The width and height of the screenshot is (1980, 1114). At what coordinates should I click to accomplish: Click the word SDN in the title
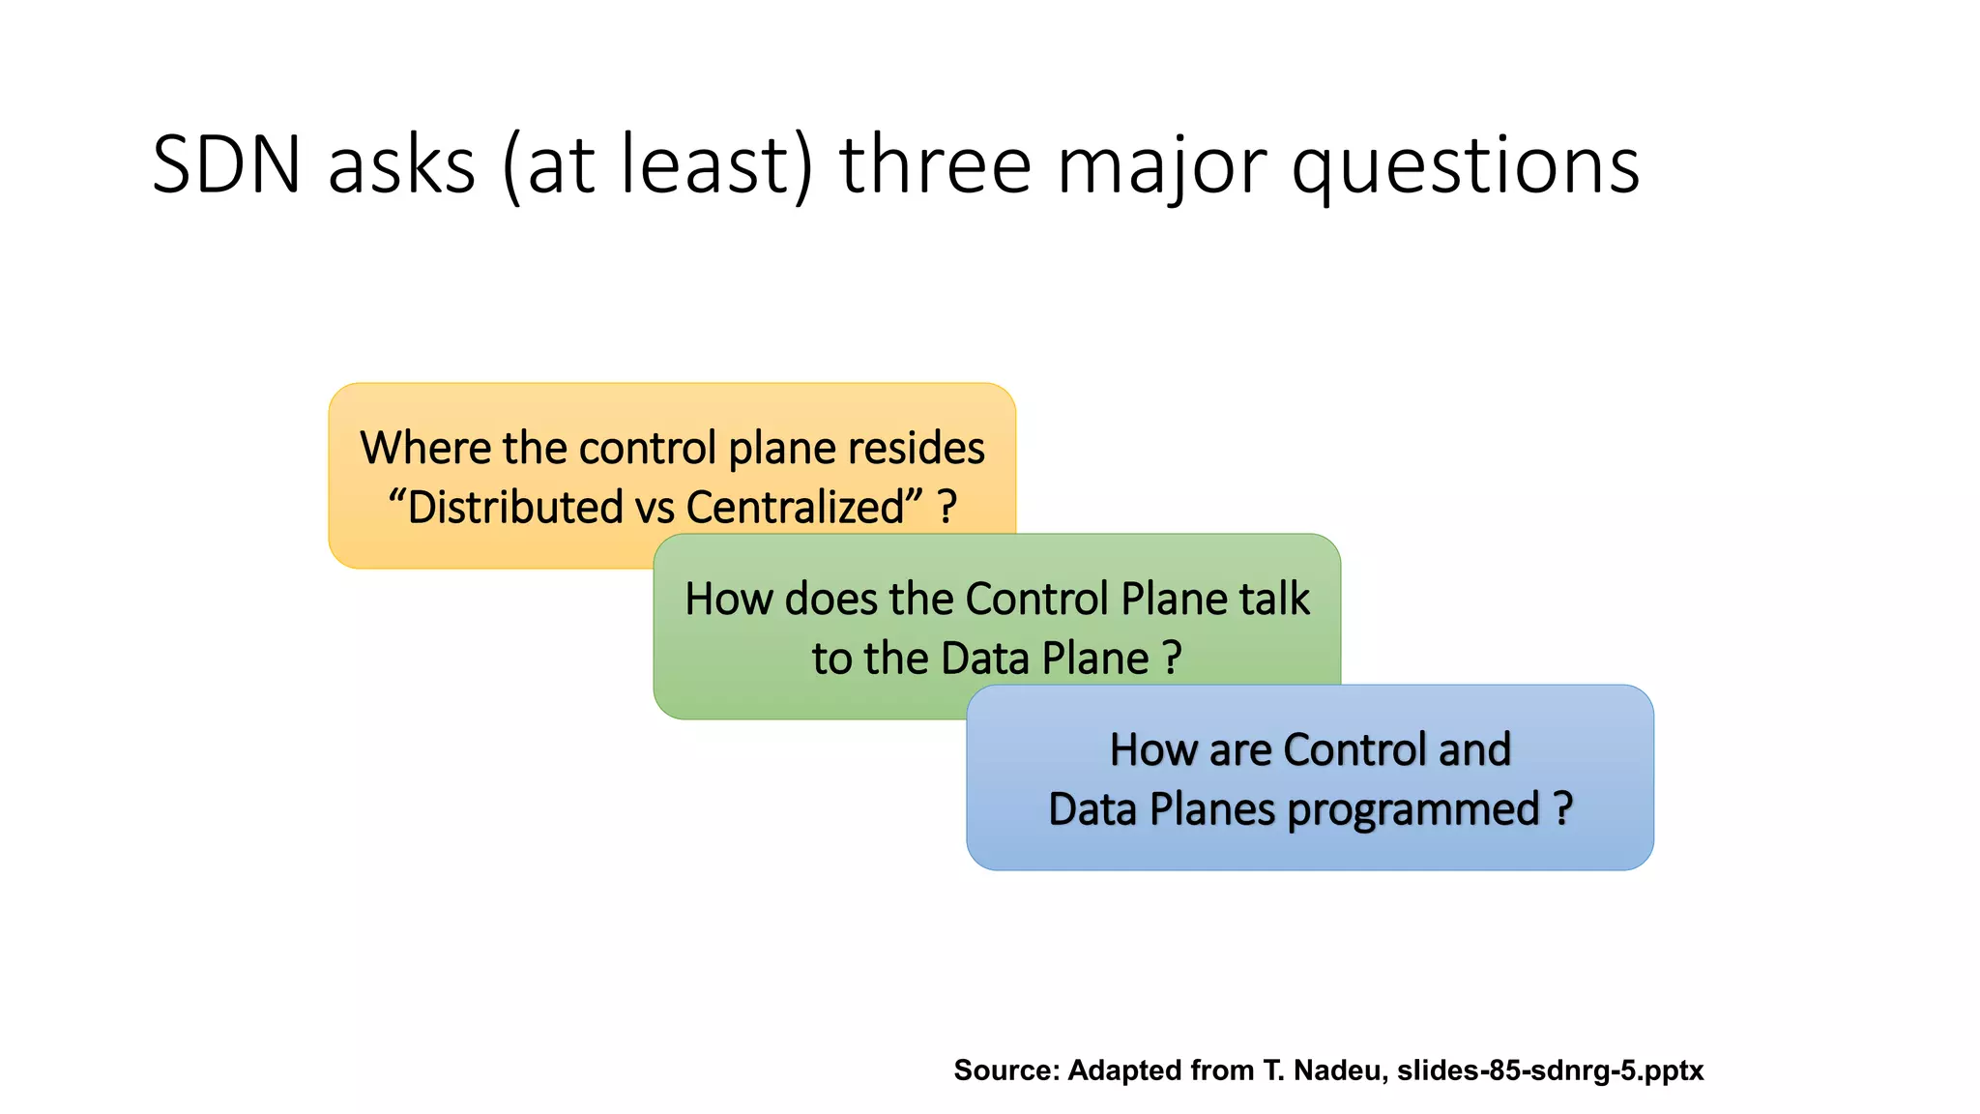point(227,165)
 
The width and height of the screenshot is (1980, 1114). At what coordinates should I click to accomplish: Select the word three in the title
point(935,165)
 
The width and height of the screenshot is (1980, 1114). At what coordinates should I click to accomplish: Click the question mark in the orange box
point(947,507)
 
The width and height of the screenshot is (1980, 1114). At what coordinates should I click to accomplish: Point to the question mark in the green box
point(1172,659)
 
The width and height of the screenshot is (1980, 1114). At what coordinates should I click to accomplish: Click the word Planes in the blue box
point(1211,808)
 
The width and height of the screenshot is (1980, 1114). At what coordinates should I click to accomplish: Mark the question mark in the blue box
point(1563,808)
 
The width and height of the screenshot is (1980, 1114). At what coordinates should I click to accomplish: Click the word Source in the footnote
point(1005,1070)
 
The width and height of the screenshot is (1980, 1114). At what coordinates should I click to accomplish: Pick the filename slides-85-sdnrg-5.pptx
point(1550,1070)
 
